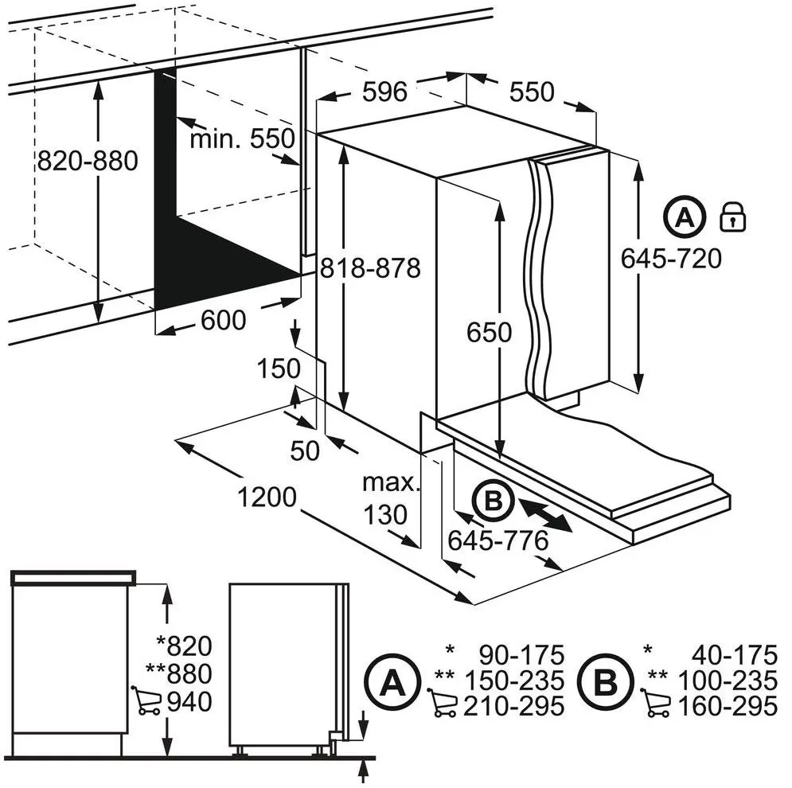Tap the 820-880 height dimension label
(x=88, y=161)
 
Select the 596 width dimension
(x=385, y=92)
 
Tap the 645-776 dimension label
(x=497, y=540)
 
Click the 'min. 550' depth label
(x=242, y=139)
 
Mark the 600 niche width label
(x=223, y=320)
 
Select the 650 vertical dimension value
(x=489, y=331)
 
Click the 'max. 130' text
(x=391, y=498)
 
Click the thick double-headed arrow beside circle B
(x=545, y=513)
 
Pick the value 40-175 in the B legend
(x=732, y=656)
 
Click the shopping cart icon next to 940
(x=144, y=700)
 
